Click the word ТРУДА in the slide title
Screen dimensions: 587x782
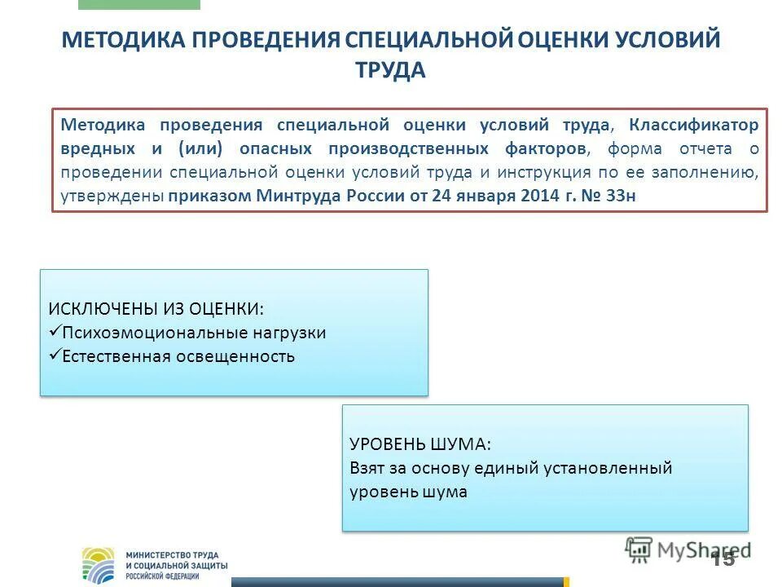(390, 71)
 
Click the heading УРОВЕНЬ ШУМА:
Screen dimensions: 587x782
(420, 444)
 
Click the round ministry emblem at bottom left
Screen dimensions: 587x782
(99, 564)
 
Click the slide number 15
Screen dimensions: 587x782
(722, 558)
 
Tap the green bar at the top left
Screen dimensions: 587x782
(138, 4)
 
